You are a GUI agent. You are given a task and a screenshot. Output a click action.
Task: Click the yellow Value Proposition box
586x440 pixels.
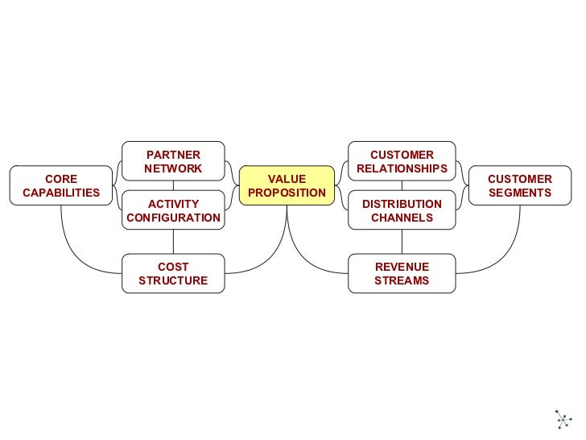[x=287, y=185]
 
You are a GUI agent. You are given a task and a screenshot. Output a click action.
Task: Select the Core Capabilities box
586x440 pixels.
[x=61, y=185]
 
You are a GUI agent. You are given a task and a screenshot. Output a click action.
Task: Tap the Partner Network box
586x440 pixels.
[x=173, y=161]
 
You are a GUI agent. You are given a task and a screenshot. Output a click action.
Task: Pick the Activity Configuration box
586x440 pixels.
[x=173, y=210]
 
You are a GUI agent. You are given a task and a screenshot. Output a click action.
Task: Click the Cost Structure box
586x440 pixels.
[x=173, y=273]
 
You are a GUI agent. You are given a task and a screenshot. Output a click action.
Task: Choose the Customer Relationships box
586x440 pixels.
[x=402, y=161]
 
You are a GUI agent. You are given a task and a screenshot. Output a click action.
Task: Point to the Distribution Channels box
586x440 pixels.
[x=402, y=210]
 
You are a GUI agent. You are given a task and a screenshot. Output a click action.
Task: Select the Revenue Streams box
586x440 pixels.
[x=402, y=273]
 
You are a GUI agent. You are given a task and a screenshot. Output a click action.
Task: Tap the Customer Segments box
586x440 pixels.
[x=520, y=185]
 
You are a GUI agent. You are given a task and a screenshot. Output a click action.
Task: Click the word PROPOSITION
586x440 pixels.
[x=287, y=193]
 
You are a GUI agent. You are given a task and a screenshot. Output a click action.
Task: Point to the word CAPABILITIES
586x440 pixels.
[x=61, y=193]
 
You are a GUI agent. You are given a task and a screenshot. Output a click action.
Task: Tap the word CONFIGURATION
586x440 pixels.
[x=173, y=218]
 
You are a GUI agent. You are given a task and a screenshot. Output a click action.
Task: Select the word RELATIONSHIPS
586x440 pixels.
[x=402, y=168]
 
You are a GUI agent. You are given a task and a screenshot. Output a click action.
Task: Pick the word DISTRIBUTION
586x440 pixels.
[x=402, y=204]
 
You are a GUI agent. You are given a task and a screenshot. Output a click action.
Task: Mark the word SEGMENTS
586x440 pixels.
[x=520, y=193]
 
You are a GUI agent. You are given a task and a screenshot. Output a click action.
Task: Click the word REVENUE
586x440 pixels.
[x=402, y=267]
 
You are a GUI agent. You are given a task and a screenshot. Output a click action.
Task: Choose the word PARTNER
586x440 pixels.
[x=173, y=155]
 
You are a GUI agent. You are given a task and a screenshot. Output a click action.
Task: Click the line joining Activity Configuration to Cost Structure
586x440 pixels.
[x=173, y=242]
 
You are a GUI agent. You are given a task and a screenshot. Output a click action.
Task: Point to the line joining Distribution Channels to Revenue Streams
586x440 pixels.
[x=402, y=242]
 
